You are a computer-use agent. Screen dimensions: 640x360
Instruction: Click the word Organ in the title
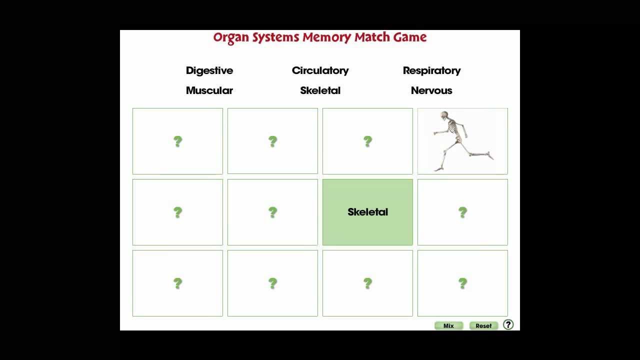pyautogui.click(x=231, y=38)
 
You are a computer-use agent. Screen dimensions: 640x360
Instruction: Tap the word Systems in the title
pyautogui.click(x=275, y=37)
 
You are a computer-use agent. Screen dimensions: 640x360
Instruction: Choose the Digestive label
pyautogui.click(x=209, y=71)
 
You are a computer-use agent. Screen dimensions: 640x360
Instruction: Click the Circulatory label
pyautogui.click(x=320, y=71)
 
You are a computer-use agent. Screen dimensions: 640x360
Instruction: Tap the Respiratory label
pyautogui.click(x=431, y=71)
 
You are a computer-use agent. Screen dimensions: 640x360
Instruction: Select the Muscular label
pyautogui.click(x=209, y=90)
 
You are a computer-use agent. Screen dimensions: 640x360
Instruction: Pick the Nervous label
pyautogui.click(x=431, y=90)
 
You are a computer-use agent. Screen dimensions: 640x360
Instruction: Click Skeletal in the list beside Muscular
pyautogui.click(x=320, y=90)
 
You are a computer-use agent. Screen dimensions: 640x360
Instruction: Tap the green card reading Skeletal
pyautogui.click(x=367, y=212)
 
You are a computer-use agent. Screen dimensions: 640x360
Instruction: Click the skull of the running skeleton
pyautogui.click(x=444, y=115)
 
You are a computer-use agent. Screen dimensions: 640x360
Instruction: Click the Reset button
pyautogui.click(x=483, y=325)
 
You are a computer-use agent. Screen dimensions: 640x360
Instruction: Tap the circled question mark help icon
pyautogui.click(x=508, y=325)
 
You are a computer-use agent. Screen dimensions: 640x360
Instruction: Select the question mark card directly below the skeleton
pyautogui.click(x=462, y=212)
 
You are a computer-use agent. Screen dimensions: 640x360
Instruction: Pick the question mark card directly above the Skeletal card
pyautogui.click(x=367, y=141)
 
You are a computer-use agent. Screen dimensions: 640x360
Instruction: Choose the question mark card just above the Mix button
pyautogui.click(x=462, y=283)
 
